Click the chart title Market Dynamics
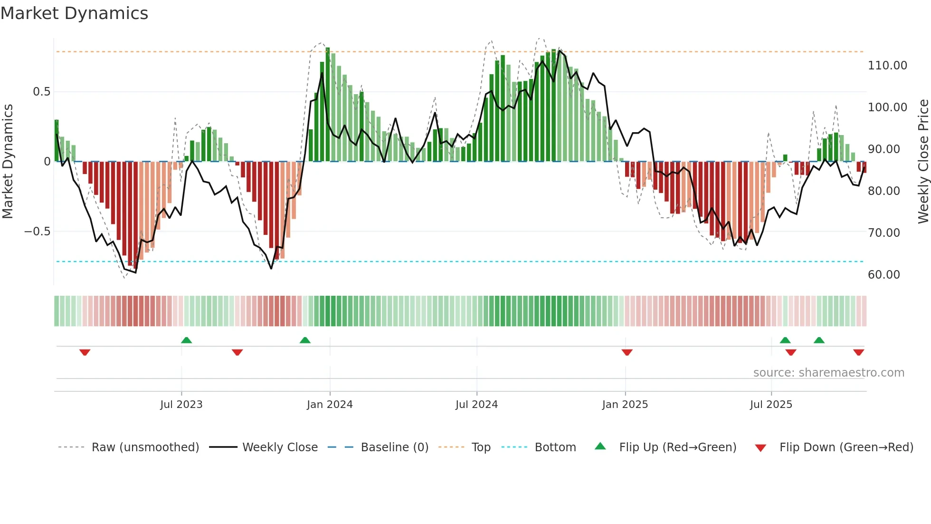pyautogui.click(x=74, y=13)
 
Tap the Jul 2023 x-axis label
pyautogui.click(x=181, y=405)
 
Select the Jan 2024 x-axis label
pyautogui.click(x=330, y=405)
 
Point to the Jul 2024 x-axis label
pyautogui.click(x=476, y=405)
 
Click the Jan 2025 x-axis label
pyautogui.click(x=625, y=405)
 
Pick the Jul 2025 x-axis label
pyautogui.click(x=771, y=405)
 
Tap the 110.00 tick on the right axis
pyautogui.click(x=887, y=66)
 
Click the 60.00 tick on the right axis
pyautogui.click(x=883, y=275)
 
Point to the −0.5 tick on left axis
pyautogui.click(x=37, y=232)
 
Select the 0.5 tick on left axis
pyautogui.click(x=41, y=92)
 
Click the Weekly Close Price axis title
pyautogui.click(x=923, y=161)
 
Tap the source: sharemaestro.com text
pyautogui.click(x=828, y=373)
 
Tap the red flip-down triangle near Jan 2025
pyautogui.click(x=627, y=352)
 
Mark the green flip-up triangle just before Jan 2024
pyautogui.click(x=305, y=340)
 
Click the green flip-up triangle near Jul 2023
pyautogui.click(x=186, y=340)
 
